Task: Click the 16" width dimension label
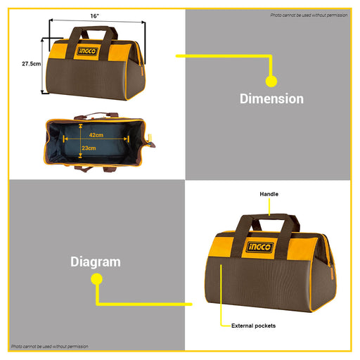pos(95,16)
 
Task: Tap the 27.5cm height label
pos(31,64)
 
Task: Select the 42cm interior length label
pos(96,135)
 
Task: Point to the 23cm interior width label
pos(89,148)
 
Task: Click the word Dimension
pos(271,98)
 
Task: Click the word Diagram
pos(96,262)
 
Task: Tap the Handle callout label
pos(269,194)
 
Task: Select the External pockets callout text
pos(253,326)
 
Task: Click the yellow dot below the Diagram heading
pos(96,279)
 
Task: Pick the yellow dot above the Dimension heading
pos(271,82)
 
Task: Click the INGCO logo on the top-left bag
pos(87,51)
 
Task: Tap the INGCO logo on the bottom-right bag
pos(260,247)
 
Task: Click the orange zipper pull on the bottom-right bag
pos(332,274)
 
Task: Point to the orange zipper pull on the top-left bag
pos(142,70)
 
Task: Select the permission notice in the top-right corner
pos(309,15)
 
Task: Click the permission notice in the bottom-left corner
pos(50,347)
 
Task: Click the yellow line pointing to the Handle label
pos(269,207)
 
